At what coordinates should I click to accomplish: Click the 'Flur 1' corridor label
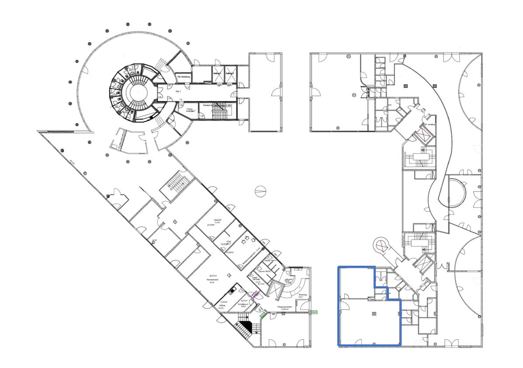(x=178, y=92)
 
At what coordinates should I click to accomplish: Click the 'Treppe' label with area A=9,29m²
(x=190, y=110)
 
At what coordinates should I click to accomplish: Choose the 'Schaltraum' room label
(x=243, y=305)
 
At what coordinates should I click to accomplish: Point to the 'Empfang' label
(x=302, y=295)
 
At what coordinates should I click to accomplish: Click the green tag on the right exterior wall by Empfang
(x=314, y=312)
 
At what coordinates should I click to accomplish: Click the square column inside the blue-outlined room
(x=374, y=313)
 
